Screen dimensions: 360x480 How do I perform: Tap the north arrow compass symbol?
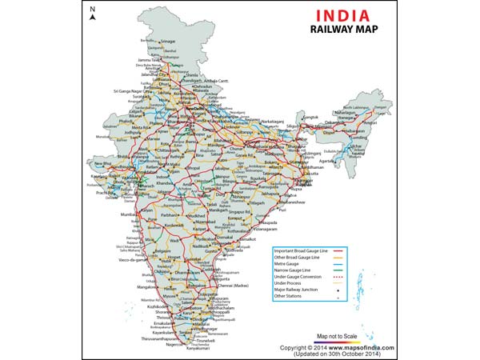(x=92, y=14)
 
